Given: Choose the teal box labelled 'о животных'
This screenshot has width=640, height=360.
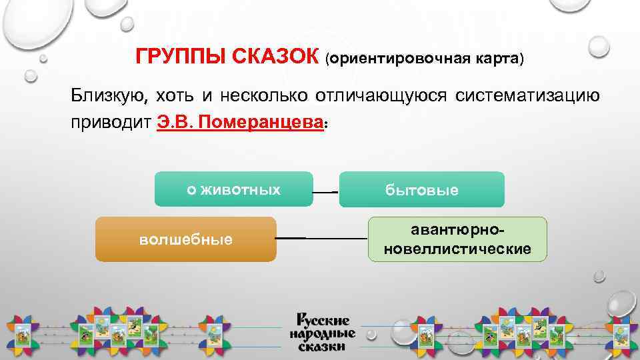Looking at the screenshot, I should point(233,189).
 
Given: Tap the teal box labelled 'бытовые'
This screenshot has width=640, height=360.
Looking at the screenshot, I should point(422,190).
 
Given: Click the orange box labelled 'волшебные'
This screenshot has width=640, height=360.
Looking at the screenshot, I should point(186,239).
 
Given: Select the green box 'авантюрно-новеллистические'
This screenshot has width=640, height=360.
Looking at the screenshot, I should point(457,239).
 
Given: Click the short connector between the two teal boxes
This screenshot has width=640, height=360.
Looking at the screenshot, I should point(326,192).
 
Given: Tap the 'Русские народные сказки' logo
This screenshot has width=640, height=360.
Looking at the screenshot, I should point(322,332).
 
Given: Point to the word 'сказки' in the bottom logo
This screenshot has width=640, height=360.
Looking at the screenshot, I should point(322,347).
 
